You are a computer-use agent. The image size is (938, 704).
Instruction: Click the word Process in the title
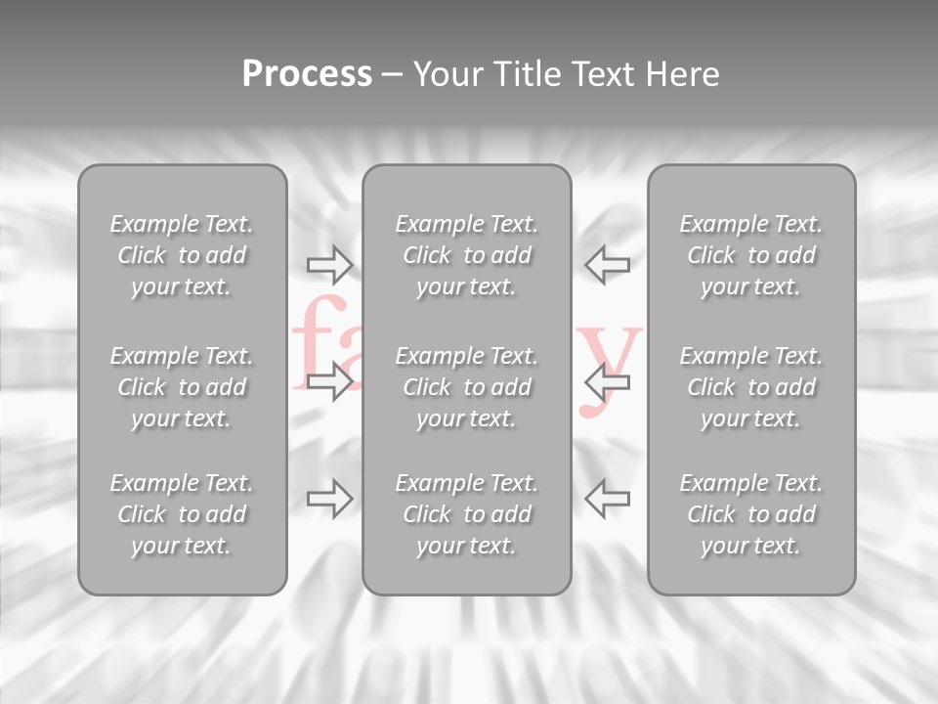pos(307,74)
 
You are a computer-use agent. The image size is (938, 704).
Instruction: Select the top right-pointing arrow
pos(330,264)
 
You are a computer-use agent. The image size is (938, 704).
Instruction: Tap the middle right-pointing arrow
pos(330,380)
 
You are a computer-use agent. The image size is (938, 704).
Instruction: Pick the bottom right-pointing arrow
pos(330,499)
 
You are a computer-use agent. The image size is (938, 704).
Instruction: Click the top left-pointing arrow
pos(607,264)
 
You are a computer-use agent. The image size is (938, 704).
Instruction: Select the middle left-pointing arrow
pos(607,380)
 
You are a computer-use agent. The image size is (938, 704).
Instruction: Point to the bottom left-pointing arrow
pos(607,499)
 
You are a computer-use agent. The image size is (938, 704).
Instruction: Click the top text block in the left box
pos(182,255)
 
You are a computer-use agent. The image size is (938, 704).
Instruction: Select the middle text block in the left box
pos(182,387)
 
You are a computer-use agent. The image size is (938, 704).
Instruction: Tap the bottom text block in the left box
pos(182,514)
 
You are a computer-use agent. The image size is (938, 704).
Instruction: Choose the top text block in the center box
pos(466,255)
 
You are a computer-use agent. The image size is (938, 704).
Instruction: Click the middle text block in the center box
pos(466,387)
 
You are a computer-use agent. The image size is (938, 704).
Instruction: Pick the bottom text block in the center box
pos(466,514)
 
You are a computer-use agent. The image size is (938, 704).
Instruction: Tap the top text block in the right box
pos(750,255)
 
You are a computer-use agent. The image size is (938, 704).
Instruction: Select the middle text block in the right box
pos(750,387)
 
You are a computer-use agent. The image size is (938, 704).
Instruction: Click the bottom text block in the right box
pos(750,514)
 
